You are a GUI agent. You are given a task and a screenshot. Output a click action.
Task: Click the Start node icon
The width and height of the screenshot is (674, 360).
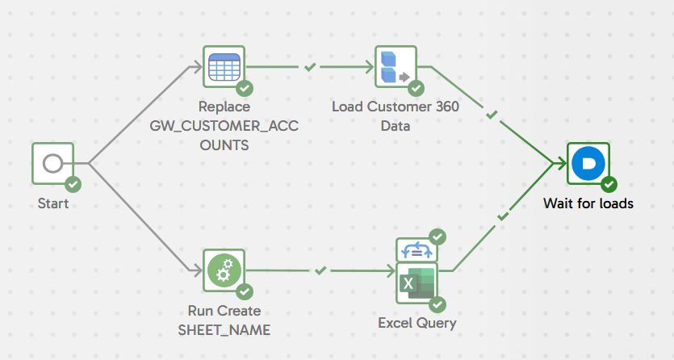point(52,164)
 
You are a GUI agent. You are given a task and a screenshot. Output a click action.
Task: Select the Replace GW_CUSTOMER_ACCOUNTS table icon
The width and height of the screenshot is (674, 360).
point(224,66)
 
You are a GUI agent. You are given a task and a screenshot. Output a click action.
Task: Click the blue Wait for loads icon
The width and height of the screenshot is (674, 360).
point(587,164)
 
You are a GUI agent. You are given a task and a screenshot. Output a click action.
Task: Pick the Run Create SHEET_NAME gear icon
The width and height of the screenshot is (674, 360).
point(224,271)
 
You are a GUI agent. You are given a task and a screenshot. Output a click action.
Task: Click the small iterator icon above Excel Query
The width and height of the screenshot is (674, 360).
point(416,249)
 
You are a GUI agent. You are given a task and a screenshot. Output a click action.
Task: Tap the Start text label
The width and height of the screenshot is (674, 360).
point(53,203)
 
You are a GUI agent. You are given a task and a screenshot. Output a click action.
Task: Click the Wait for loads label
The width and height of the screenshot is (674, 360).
point(588,203)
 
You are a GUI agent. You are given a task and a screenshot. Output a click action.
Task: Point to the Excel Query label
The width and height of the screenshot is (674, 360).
point(417,323)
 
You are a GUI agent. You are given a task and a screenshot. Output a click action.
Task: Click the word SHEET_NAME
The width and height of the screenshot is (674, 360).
point(224,330)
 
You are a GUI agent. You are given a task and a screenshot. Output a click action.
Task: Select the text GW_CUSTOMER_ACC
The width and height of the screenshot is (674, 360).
point(224,126)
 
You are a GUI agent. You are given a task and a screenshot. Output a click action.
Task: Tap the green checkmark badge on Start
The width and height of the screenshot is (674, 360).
point(73,185)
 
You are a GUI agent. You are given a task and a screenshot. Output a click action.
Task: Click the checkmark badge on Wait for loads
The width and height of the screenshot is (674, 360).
point(609,185)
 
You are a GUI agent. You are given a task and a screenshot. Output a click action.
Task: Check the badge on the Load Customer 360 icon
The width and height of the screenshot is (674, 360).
point(416,88)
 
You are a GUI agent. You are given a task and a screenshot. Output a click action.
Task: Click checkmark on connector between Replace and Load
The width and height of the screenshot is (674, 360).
point(310,67)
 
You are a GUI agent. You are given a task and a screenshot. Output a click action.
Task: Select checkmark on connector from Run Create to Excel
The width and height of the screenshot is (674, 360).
point(320,270)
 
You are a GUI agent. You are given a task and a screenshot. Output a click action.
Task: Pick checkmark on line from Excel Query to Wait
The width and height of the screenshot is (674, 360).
point(503,216)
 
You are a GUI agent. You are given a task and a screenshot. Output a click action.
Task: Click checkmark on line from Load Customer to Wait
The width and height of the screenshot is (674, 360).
point(492,114)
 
